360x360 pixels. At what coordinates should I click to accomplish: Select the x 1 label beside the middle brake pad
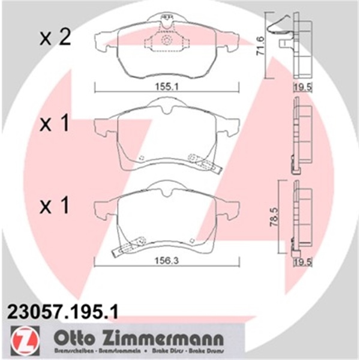coord(55,125)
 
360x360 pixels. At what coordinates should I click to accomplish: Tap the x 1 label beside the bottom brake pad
coord(55,207)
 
